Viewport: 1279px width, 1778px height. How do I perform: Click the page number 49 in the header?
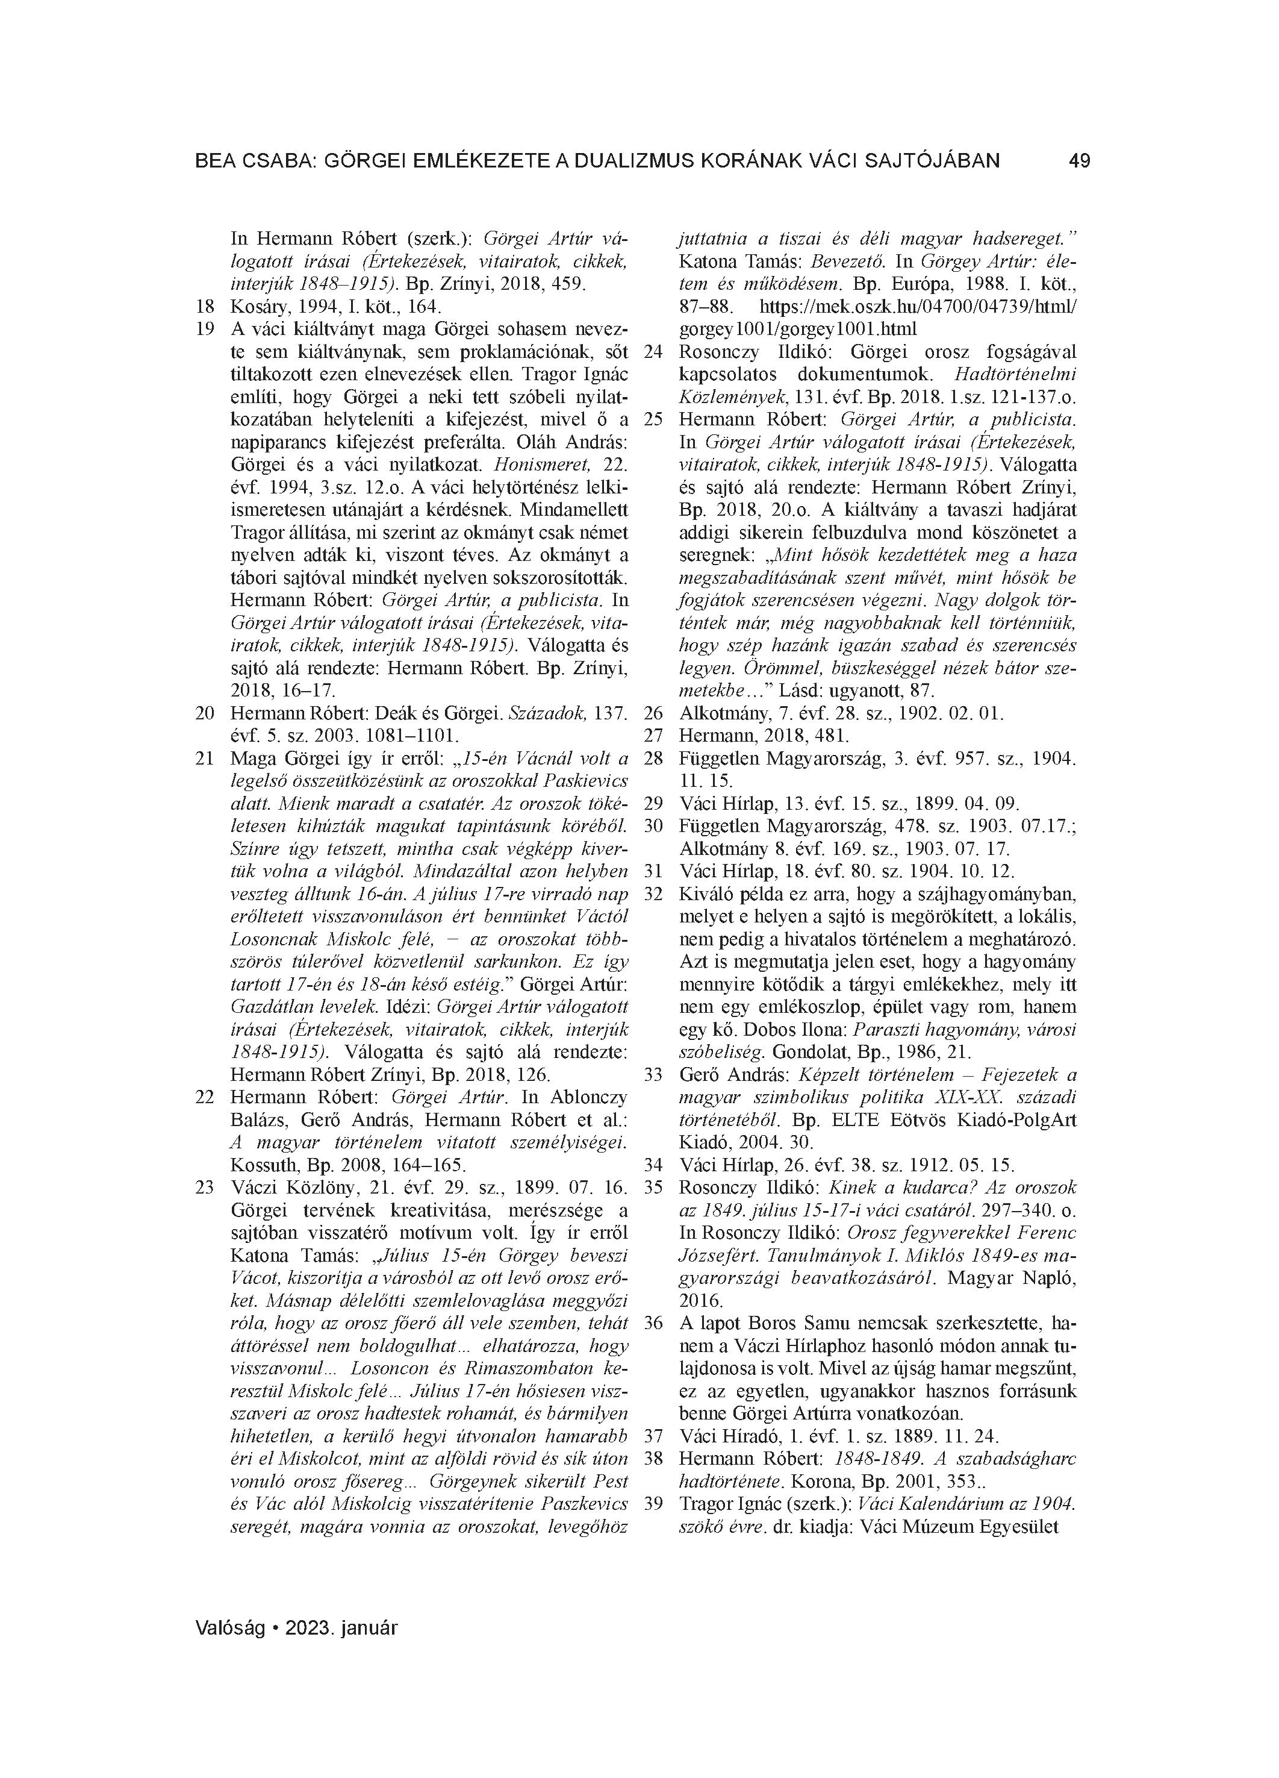pos(1078,161)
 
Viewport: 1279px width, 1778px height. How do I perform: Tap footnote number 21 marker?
pos(205,759)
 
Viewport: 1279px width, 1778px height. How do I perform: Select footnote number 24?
pos(653,352)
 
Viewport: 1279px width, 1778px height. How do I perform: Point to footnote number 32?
pos(653,894)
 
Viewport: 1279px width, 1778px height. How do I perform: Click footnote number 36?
pos(653,1323)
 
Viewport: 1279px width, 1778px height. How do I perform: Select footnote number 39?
pos(653,1504)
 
